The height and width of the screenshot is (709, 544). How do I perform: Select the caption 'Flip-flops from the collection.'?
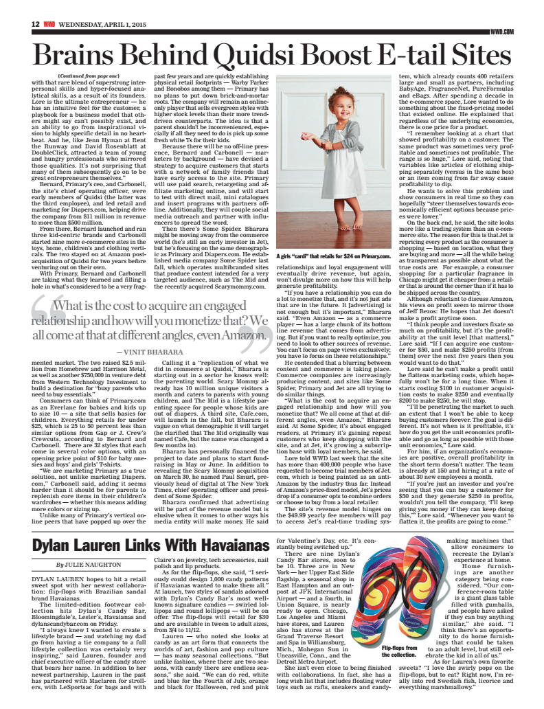click(398, 651)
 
